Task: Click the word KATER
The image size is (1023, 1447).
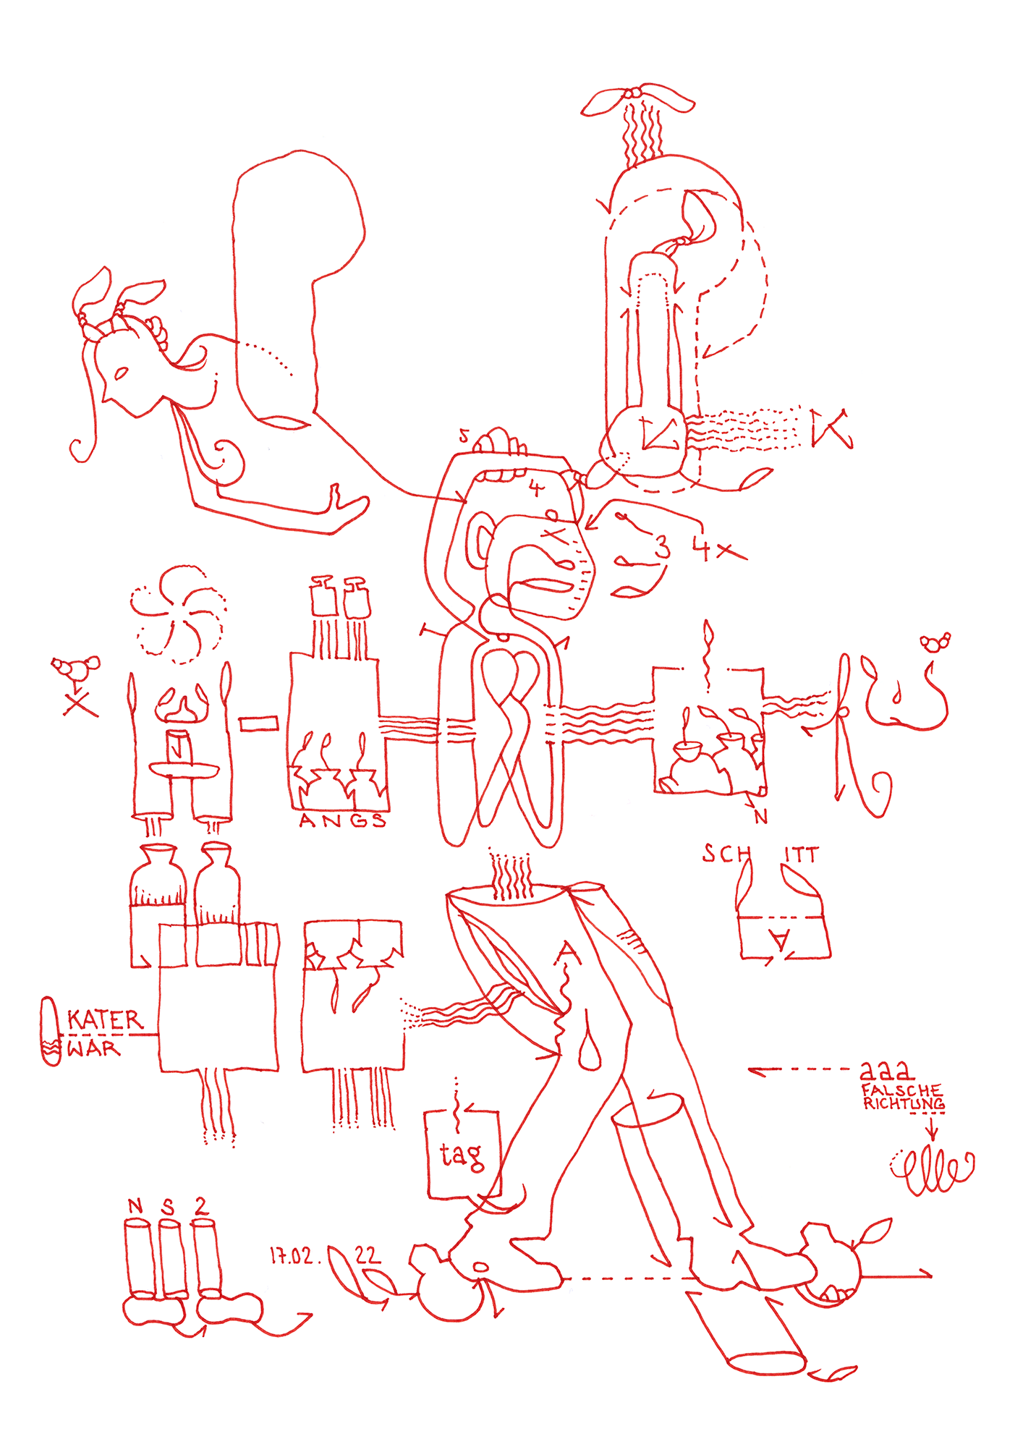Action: tap(105, 1020)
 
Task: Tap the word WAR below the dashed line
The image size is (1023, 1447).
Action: tap(93, 1048)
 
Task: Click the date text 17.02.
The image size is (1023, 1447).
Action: tap(292, 1256)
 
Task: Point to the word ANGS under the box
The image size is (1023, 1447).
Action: tap(342, 820)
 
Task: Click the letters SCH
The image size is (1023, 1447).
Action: tap(726, 854)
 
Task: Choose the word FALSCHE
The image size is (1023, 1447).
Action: tap(901, 1090)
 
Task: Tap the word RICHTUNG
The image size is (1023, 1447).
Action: tap(903, 1104)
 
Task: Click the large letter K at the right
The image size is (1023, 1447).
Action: tap(829, 428)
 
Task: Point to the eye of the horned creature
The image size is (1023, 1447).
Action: tap(120, 374)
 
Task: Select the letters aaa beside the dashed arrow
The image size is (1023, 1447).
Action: tap(886, 1069)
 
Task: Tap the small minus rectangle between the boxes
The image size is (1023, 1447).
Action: tap(258, 723)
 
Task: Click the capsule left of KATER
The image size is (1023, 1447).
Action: tap(51, 1031)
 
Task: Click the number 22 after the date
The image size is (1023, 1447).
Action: tap(368, 1255)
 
